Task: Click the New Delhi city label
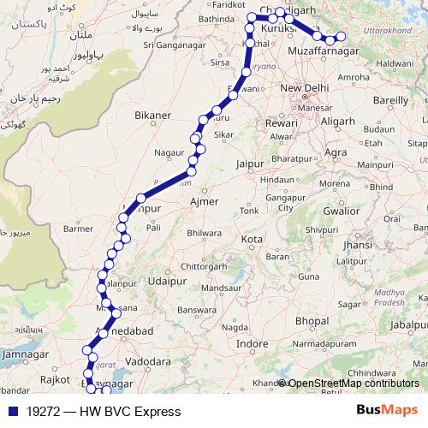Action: point(305,88)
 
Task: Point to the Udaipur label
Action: point(166,280)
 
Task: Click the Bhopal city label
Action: point(312,320)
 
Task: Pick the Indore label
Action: point(253,343)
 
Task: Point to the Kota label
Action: point(252,239)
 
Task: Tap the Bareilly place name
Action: point(390,99)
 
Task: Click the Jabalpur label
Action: point(408,325)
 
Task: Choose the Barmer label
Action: point(78,229)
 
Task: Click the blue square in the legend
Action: point(11,412)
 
